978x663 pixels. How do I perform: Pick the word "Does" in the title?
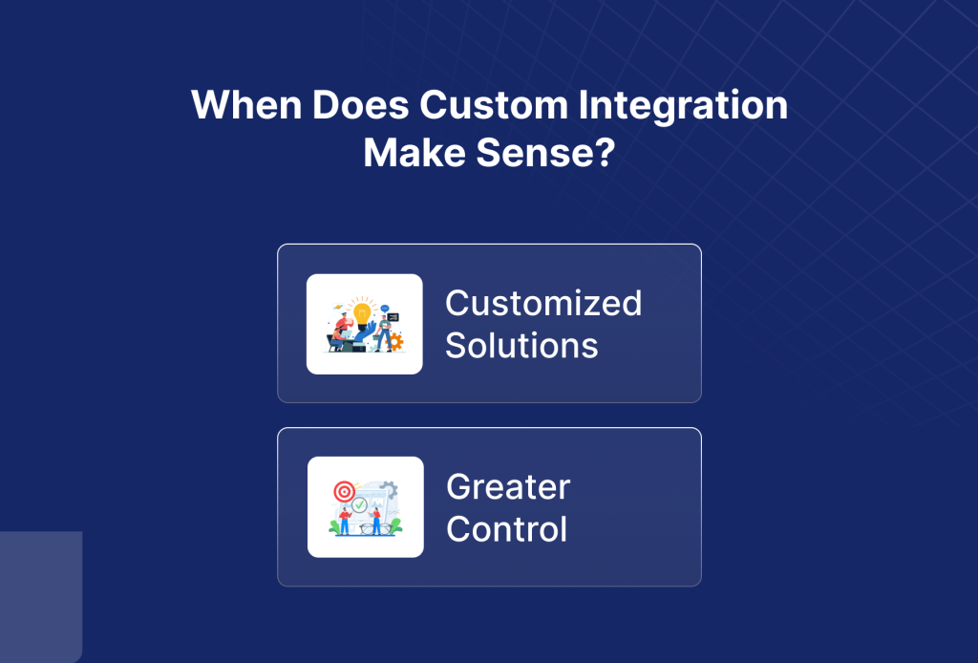357,105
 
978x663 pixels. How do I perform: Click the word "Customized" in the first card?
543,304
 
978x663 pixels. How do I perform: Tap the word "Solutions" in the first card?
521,345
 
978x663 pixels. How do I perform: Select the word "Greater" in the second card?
508,487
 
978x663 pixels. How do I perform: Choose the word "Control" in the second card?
507,528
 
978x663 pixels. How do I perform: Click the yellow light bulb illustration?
362,312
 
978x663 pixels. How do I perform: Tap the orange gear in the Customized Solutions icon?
394,341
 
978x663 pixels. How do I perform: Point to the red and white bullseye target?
344,492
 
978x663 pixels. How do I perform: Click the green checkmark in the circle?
359,504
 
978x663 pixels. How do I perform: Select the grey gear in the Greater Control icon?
389,490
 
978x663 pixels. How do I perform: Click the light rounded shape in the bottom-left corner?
40,596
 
